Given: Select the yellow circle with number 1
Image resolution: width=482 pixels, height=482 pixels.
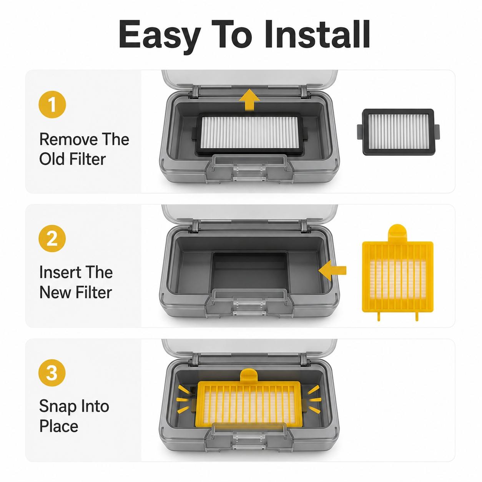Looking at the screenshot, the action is tap(52, 105).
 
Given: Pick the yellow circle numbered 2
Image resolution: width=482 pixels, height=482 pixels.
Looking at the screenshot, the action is tap(52, 238).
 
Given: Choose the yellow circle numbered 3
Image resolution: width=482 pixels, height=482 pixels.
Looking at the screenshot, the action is tap(52, 373).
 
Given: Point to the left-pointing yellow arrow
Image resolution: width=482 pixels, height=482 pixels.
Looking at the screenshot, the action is tap(332, 270).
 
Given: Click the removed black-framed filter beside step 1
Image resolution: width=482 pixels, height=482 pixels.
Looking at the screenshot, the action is tap(398, 132).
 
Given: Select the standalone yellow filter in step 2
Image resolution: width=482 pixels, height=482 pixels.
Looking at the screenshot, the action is tap(397, 273).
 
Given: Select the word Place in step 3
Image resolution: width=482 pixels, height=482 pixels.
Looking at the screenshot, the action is tap(59, 426).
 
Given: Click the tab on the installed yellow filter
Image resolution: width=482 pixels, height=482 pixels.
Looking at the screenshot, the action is tap(249, 376).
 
